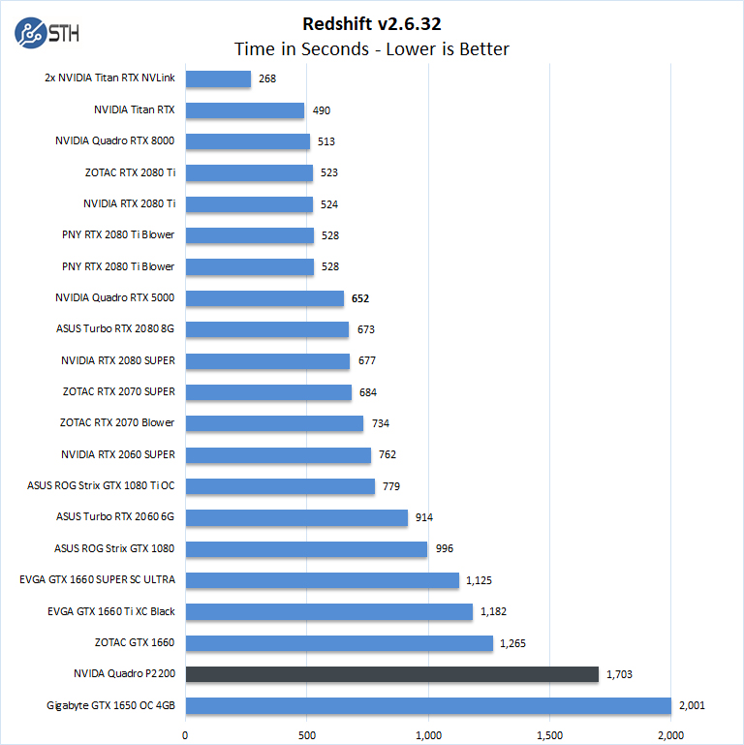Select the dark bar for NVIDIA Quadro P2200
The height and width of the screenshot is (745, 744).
point(391,673)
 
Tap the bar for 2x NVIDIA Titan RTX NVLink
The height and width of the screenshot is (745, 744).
point(218,79)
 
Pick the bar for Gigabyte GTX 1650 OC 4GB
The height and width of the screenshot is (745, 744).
point(427,705)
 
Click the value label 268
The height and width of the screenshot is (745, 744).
point(267,79)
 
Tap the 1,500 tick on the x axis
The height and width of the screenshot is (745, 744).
point(549,733)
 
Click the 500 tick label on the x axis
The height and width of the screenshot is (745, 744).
point(307,733)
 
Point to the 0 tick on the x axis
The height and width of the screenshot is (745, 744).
point(185,733)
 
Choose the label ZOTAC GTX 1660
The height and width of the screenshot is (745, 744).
point(135,642)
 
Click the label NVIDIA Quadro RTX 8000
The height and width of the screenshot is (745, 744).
point(115,141)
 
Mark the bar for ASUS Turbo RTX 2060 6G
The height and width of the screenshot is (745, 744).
point(296,517)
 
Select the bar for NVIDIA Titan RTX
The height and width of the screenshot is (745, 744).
point(245,110)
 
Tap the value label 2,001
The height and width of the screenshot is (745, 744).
point(692,705)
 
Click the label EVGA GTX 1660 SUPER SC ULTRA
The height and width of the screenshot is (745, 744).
point(97,580)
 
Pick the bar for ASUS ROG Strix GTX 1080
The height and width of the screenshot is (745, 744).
point(306,549)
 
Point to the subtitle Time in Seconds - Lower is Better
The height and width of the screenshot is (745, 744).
point(371,49)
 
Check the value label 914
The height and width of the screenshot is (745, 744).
point(424,517)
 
